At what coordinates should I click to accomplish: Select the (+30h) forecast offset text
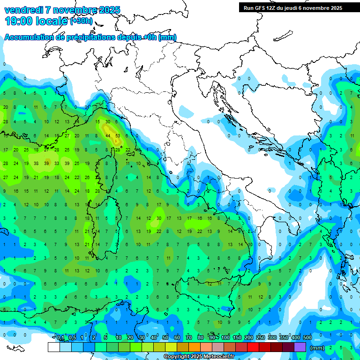(81, 21)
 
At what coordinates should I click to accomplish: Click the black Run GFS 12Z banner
(292, 8)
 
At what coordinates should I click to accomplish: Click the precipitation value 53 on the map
(118, 135)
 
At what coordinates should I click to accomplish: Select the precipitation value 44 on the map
(108, 135)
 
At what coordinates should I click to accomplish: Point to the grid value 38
(36, 164)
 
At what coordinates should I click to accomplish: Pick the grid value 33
(57, 164)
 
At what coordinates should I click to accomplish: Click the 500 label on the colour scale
(307, 338)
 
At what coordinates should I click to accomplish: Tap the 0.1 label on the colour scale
(60, 338)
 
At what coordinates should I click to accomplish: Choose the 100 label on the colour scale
(225, 338)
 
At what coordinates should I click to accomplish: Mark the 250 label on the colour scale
(261, 338)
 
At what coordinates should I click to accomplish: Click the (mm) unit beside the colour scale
(317, 348)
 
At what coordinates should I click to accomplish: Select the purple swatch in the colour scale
(300, 347)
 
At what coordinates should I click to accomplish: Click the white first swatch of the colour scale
(53, 347)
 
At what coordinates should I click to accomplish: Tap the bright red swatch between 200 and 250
(253, 347)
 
